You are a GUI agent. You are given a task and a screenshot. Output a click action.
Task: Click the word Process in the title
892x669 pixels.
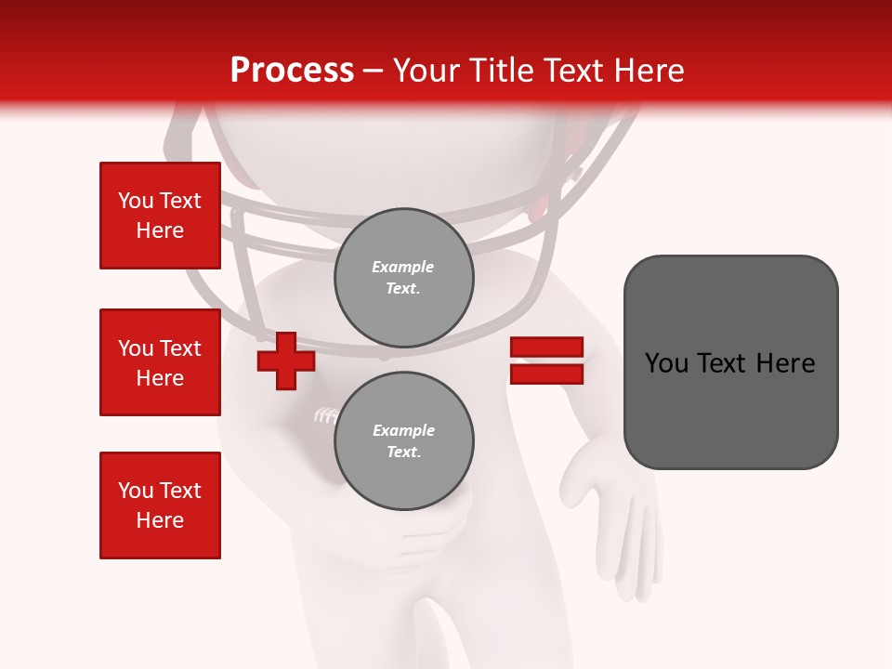tap(292, 70)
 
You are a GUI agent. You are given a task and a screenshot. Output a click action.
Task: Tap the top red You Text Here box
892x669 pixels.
tap(160, 216)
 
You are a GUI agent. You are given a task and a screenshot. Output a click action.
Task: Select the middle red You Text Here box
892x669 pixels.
tap(160, 362)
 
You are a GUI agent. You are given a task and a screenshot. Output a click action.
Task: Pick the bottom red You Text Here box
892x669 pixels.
tap(160, 505)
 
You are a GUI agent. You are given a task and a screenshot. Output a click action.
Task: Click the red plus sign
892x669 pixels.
tap(286, 362)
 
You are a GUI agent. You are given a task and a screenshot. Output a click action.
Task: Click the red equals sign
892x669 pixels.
tap(546, 361)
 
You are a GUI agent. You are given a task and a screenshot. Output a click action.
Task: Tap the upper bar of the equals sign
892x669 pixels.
tap(546, 348)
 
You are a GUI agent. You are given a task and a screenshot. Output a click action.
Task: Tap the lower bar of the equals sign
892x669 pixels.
tap(546, 374)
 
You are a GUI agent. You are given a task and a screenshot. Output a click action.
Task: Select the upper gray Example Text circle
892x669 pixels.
tap(403, 278)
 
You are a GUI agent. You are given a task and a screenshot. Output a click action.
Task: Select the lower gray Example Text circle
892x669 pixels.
tap(403, 441)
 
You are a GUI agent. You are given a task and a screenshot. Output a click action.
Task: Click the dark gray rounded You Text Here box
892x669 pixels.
tap(730, 362)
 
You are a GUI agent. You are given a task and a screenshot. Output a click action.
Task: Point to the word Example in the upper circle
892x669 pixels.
tap(403, 267)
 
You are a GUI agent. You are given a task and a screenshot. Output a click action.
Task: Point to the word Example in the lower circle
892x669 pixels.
tap(403, 430)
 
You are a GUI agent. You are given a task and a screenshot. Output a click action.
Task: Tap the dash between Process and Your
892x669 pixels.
tap(374, 71)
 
